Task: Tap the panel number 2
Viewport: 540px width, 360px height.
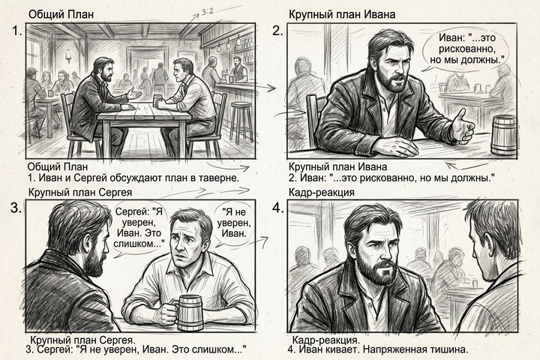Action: pyautogui.click(x=277, y=31)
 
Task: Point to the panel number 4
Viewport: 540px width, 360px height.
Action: pyautogui.click(x=277, y=208)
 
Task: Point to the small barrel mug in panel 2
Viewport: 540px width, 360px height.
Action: pyautogui.click(x=502, y=135)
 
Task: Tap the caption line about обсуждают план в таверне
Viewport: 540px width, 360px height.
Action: pyautogui.click(x=132, y=178)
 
